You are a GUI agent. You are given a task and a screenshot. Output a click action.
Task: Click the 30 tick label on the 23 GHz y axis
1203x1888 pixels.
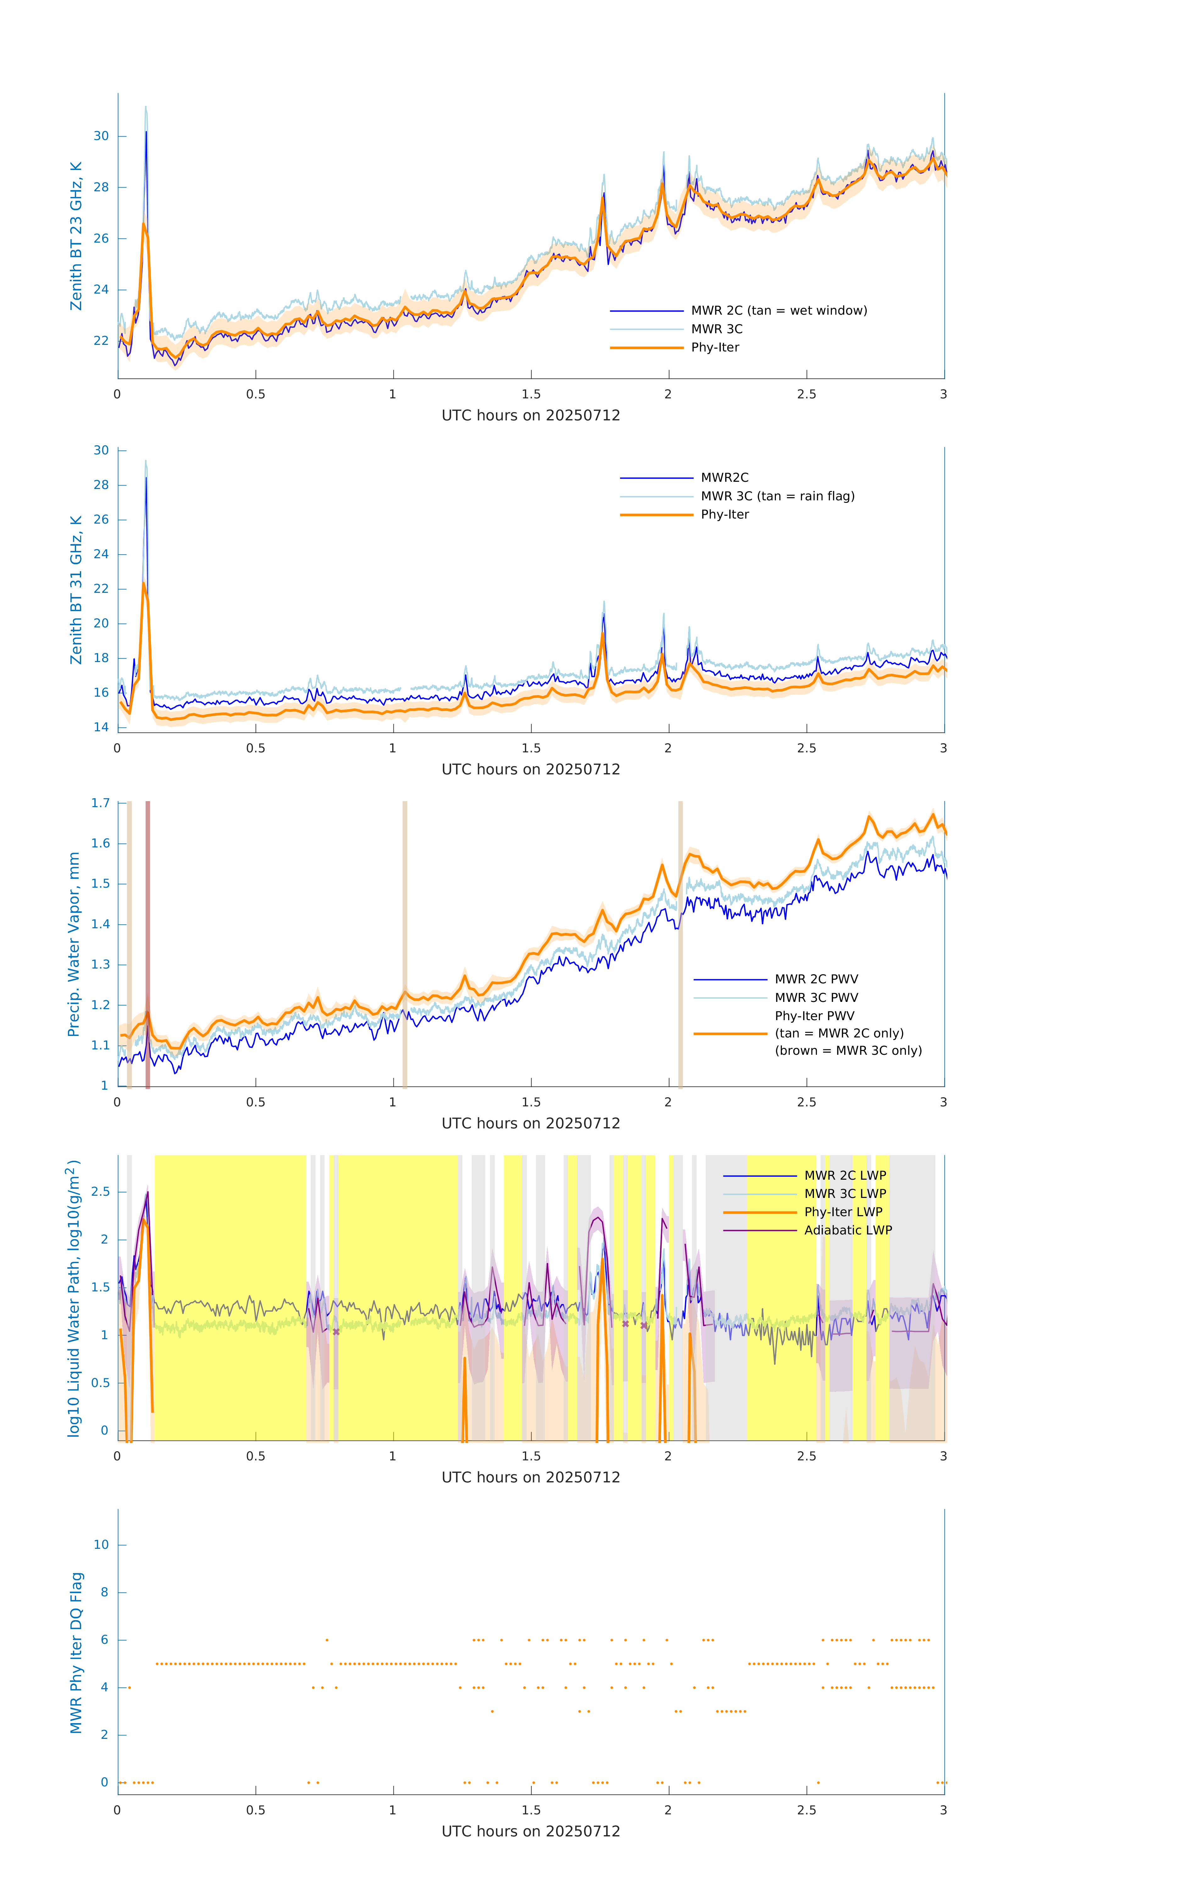click(101, 137)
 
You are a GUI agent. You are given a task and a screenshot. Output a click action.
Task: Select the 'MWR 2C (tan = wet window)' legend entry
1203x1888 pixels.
click(778, 311)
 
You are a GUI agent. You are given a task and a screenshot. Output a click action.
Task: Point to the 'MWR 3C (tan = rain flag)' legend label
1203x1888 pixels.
click(777, 496)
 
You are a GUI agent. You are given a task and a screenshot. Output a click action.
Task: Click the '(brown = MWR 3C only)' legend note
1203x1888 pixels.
click(848, 1051)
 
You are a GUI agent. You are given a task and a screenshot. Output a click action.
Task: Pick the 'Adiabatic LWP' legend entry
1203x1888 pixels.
click(847, 1230)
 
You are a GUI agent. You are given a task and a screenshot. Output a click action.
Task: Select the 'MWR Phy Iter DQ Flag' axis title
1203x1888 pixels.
click(76, 1653)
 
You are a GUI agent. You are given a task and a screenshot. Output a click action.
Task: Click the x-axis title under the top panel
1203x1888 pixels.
click(531, 416)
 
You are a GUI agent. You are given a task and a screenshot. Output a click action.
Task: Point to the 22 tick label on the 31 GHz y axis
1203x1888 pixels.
click(101, 589)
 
